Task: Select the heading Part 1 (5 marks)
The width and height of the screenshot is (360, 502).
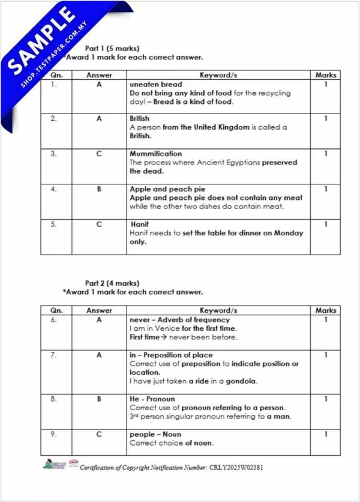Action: coord(112,48)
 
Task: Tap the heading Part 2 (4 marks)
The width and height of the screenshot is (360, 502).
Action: coord(112,283)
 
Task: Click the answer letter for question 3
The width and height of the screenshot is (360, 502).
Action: coord(99,154)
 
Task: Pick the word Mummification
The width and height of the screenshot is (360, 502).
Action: coord(155,154)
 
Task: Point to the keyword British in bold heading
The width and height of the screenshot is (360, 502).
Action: coord(139,119)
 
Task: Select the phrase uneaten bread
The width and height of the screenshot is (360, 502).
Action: coord(156,85)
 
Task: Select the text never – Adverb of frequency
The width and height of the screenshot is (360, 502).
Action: coord(179,320)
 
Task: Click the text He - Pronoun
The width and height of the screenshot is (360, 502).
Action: coord(152,399)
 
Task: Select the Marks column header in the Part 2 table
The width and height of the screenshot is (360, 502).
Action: coord(326,310)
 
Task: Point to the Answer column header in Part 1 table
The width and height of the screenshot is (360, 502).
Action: coord(99,75)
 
